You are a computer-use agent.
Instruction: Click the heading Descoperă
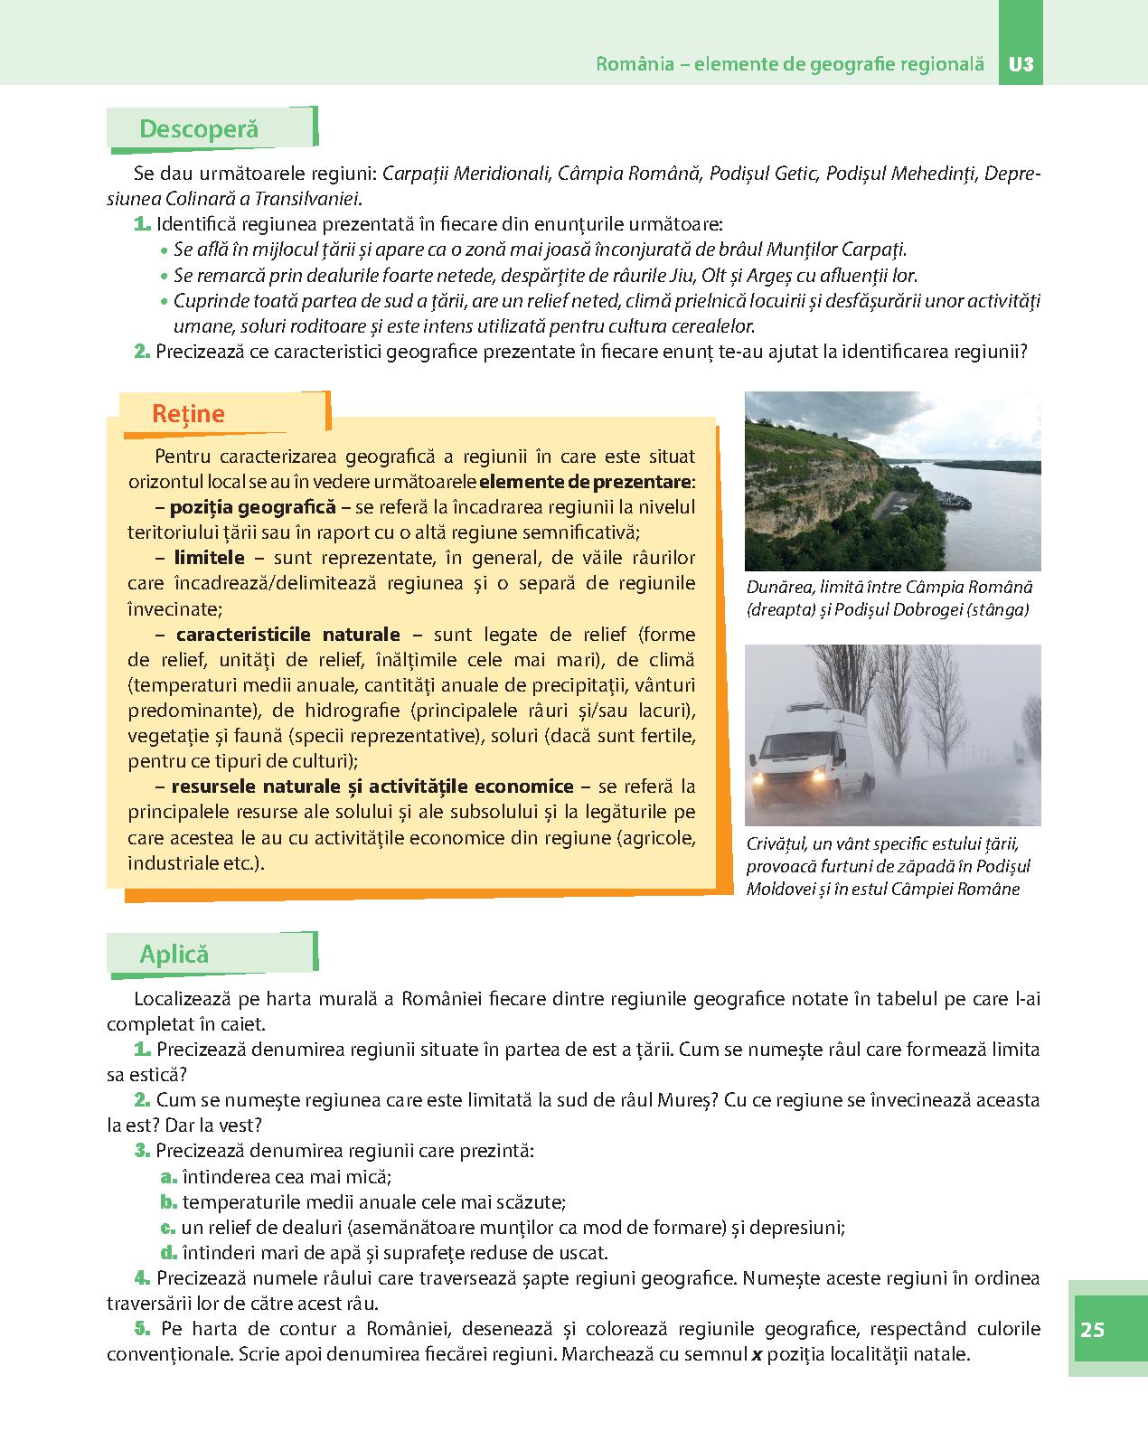[x=198, y=129]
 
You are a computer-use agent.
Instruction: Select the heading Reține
[x=188, y=414]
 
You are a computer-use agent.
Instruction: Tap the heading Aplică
[x=174, y=954]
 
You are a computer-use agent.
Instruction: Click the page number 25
[x=1092, y=1329]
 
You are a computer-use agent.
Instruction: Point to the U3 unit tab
[x=1021, y=65]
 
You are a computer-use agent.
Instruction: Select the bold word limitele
[x=209, y=558]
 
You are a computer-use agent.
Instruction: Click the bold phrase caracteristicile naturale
[x=287, y=635]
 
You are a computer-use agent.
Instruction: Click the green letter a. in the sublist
[x=166, y=1177]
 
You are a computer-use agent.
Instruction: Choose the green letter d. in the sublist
[x=167, y=1253]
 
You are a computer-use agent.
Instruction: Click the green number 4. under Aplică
[x=141, y=1278]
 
